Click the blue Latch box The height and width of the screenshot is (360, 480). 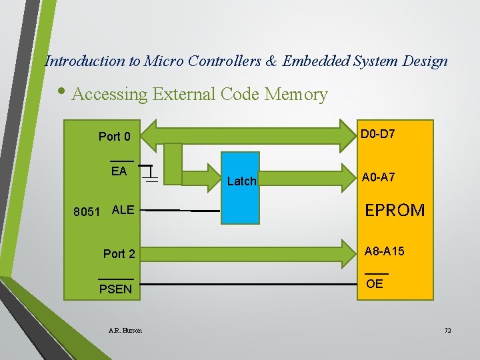(x=240, y=188)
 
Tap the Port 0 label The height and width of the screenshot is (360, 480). (x=115, y=137)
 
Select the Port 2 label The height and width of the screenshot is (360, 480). (x=119, y=254)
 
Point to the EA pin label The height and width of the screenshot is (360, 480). (x=119, y=171)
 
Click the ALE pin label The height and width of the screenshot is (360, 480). (x=123, y=210)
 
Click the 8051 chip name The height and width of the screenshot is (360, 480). (x=87, y=212)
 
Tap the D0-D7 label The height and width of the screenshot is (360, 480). (x=378, y=134)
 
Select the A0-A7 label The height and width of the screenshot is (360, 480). (x=379, y=177)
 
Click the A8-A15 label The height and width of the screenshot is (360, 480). (x=385, y=251)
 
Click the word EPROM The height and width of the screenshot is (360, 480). (x=395, y=210)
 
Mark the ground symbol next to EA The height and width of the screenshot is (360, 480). (x=150, y=174)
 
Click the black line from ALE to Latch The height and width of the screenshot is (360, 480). (x=180, y=211)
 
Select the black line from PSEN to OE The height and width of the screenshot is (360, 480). (x=249, y=285)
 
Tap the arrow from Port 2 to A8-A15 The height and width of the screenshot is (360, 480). (x=248, y=254)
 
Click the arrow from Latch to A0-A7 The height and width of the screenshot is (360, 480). (x=308, y=178)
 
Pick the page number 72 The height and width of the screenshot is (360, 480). (x=447, y=330)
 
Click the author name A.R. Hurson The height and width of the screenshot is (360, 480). (x=125, y=330)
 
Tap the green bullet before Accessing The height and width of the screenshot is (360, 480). (x=61, y=91)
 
